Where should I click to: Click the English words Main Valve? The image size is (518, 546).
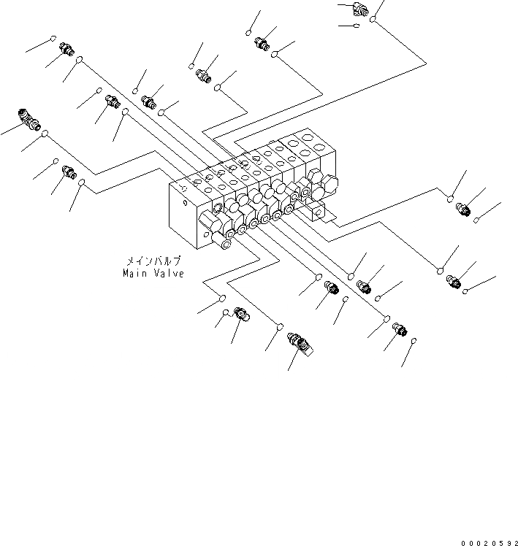pos(153,273)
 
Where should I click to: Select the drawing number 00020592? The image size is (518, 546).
pos(488,542)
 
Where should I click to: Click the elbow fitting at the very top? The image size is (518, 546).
pos(362,8)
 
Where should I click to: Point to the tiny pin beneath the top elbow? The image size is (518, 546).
pos(355,26)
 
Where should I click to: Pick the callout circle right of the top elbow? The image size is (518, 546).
pos(373,20)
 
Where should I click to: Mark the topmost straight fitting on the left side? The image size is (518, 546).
pos(65,48)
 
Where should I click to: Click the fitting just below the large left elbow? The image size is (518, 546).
pos(69,172)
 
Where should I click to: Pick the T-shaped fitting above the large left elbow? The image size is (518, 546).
pos(112,101)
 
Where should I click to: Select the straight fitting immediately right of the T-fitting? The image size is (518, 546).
pos(150,101)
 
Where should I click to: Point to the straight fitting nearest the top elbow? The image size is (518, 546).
pos(262,45)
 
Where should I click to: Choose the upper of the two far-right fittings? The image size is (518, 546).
pos(462,209)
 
